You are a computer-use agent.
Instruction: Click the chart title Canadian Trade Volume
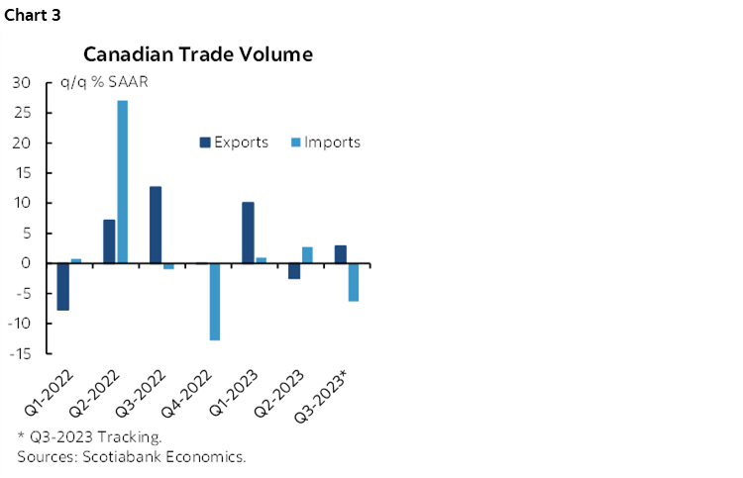pos(198,53)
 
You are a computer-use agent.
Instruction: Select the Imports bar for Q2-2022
pos(122,182)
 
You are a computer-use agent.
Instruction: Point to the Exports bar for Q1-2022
pos(63,287)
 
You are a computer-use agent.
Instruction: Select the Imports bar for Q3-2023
pos(353,282)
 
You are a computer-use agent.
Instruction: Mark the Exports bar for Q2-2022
pos(109,241)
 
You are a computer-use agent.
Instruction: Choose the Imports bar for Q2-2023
pos(307,255)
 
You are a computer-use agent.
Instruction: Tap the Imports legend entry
pos(326,142)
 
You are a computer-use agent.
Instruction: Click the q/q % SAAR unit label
pos(101,83)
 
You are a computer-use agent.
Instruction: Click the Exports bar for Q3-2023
pos(340,254)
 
